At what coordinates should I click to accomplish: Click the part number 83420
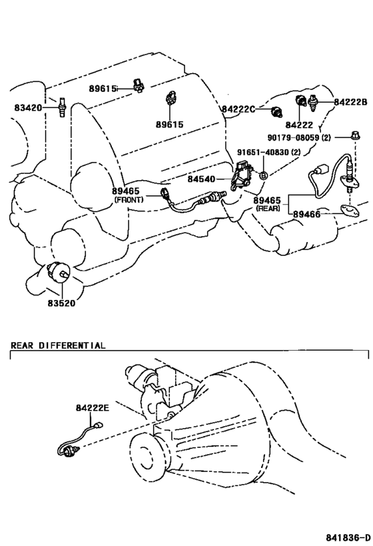coord(28,107)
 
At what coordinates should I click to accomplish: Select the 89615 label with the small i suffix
coord(103,89)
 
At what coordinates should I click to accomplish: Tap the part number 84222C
coord(238,109)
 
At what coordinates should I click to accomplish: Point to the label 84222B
coord(350,102)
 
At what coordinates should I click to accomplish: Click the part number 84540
coord(201,179)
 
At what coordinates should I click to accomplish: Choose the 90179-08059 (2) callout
coord(299,137)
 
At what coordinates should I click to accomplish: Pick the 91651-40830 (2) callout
coord(269,152)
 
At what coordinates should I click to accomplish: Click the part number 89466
coord(306,214)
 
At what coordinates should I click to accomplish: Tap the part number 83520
coord(61,303)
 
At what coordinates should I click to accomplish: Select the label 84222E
coord(93,407)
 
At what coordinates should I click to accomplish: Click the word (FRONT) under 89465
coord(129,200)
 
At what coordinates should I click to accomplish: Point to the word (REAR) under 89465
coord(268,209)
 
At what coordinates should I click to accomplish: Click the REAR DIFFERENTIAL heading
coord(58,345)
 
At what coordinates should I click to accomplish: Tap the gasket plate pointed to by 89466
coord(349,210)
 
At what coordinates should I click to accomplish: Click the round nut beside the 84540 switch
coord(263,175)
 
